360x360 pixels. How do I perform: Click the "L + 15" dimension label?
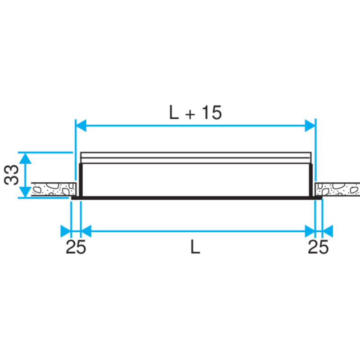(x=195, y=112)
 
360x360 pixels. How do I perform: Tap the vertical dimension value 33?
(x=11, y=175)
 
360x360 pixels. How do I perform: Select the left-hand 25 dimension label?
(x=76, y=247)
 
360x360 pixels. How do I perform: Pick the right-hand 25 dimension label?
(x=318, y=247)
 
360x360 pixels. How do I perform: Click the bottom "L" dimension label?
(x=195, y=247)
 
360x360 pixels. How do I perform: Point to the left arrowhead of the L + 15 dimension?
(x=81, y=126)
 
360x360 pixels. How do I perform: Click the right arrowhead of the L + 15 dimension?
(x=310, y=126)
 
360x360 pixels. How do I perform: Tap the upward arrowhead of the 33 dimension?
(x=25, y=158)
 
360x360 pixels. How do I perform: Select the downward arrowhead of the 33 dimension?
(x=25, y=192)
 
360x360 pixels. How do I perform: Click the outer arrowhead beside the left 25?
(x=66, y=231)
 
